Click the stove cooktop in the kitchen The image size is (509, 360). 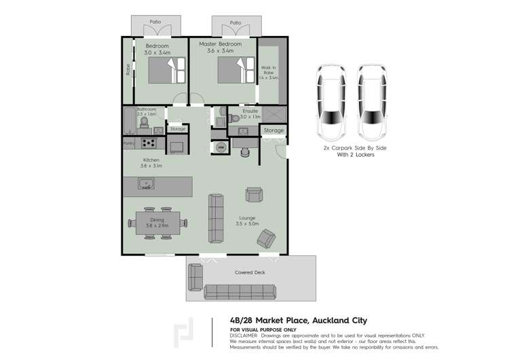(x=149, y=143)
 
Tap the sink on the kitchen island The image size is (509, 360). (x=145, y=183)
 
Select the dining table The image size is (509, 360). (x=157, y=222)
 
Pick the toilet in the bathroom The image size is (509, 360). (x=143, y=122)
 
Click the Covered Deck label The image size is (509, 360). (x=250, y=272)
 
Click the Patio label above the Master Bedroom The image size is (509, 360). (x=235, y=23)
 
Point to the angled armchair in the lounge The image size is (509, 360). (x=266, y=237)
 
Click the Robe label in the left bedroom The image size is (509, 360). (x=127, y=70)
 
